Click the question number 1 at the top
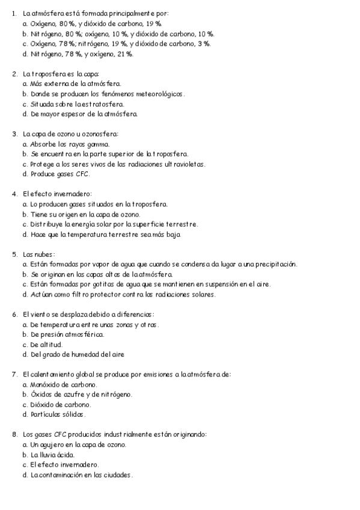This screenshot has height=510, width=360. coord(14,13)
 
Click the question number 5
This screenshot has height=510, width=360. coord(14,254)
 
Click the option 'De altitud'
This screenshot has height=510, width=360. coord(46,345)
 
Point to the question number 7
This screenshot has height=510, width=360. coord(14,374)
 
